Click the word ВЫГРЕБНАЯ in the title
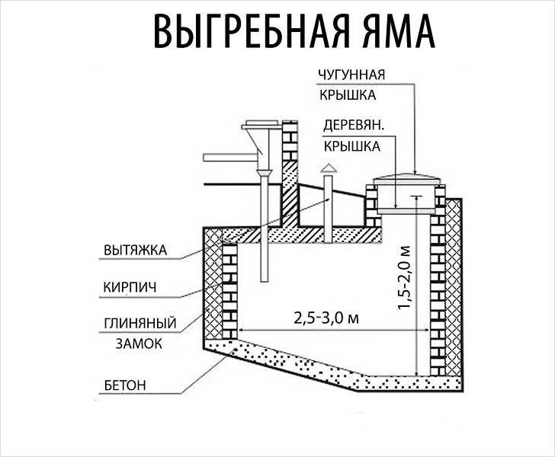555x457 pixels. pyautogui.click(x=252, y=32)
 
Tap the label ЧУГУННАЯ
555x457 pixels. pyautogui.click(x=351, y=75)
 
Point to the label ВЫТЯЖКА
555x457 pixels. pyautogui.click(x=135, y=251)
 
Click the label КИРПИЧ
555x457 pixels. pyautogui.click(x=130, y=287)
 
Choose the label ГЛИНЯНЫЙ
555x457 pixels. pyautogui.click(x=140, y=323)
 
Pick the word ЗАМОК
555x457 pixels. pyautogui.click(x=139, y=344)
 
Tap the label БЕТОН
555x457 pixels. pyautogui.click(x=125, y=385)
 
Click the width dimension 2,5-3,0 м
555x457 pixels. pyautogui.click(x=326, y=318)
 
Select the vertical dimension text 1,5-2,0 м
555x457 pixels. pyautogui.click(x=404, y=277)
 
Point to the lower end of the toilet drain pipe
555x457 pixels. pyautogui.click(x=264, y=281)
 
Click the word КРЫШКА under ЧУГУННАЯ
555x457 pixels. pyautogui.click(x=348, y=95)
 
